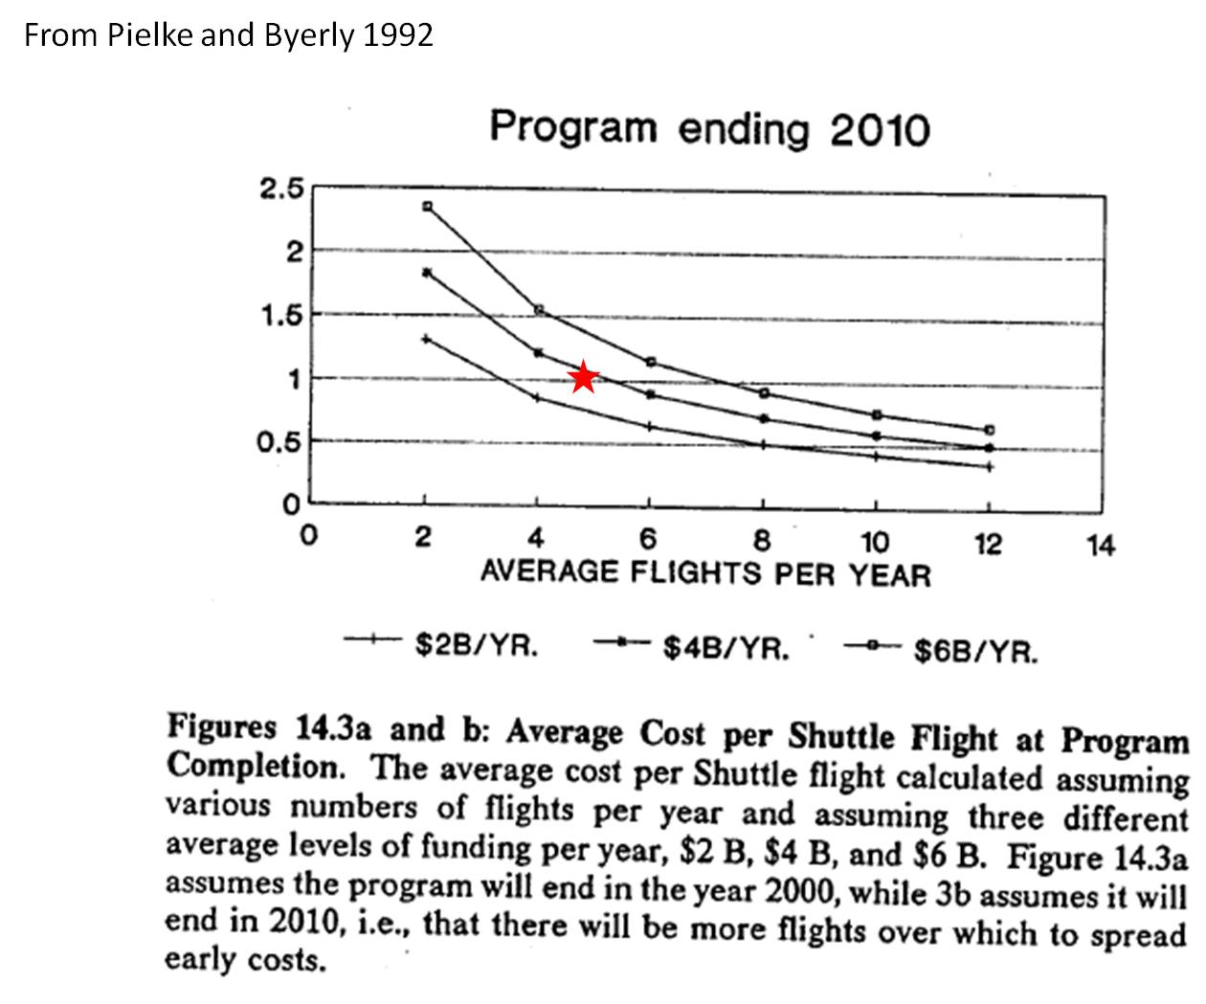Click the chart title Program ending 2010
point(708,128)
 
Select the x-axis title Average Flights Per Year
point(704,574)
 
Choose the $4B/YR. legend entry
point(726,649)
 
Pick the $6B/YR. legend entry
point(975,652)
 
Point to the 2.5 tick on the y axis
point(280,189)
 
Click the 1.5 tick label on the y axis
point(280,316)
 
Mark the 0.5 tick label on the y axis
point(280,443)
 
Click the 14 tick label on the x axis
point(1101,546)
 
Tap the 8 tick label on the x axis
point(762,543)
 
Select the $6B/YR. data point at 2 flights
point(427,207)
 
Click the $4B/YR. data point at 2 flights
point(427,273)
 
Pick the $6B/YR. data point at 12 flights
point(990,430)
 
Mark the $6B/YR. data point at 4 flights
point(539,310)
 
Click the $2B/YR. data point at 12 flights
point(990,467)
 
